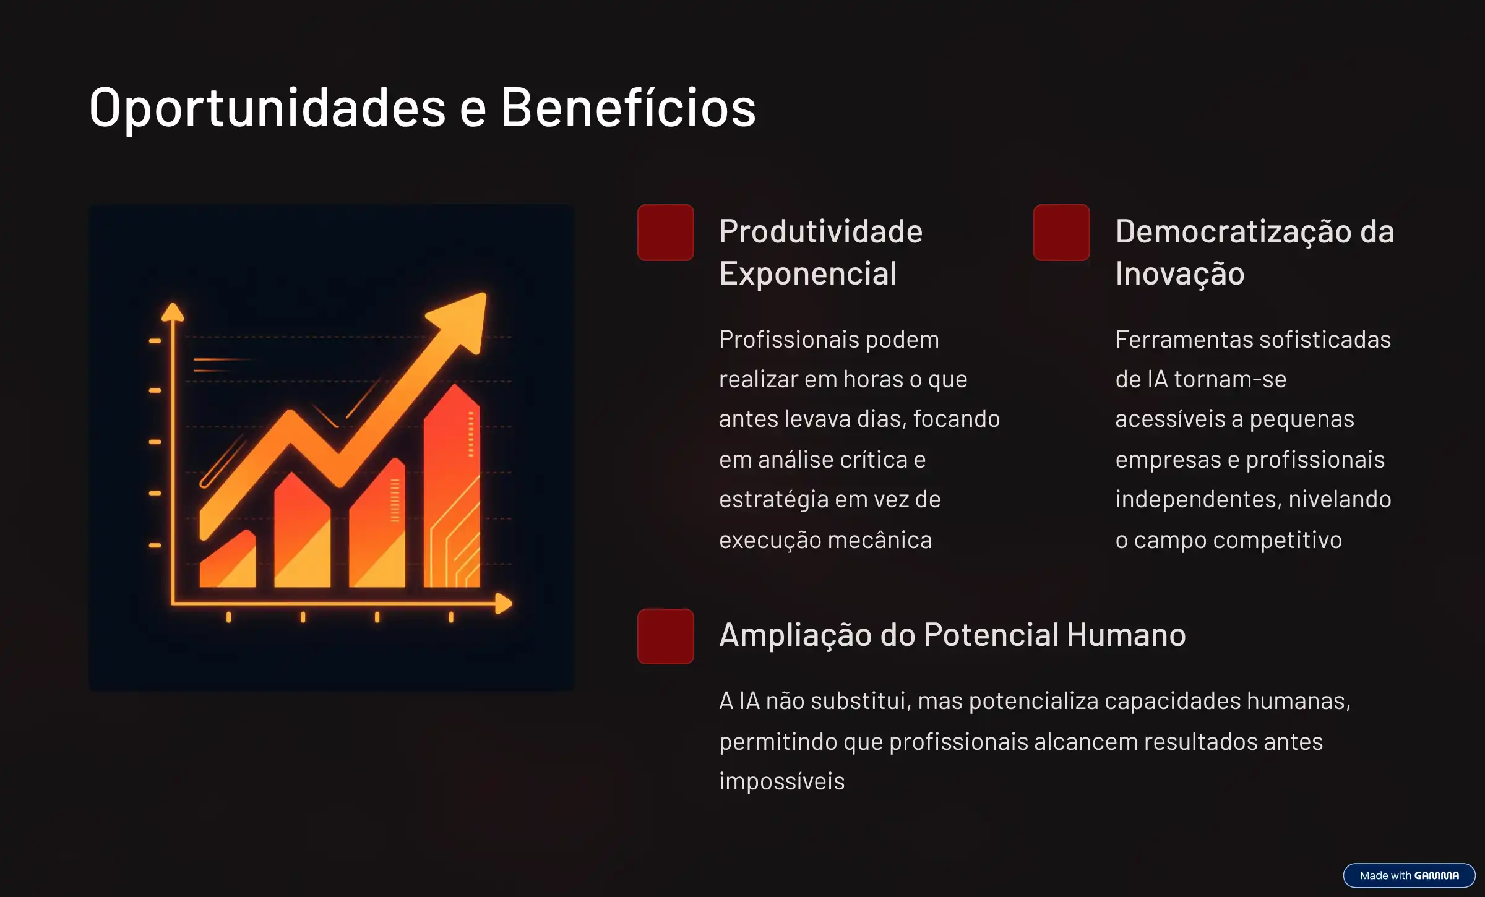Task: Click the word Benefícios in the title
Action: (x=628, y=106)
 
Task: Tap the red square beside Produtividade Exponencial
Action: (x=666, y=233)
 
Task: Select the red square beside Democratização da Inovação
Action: (x=1062, y=233)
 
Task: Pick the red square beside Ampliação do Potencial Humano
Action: (x=666, y=637)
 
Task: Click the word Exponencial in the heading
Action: (x=808, y=274)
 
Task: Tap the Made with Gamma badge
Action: (x=1409, y=875)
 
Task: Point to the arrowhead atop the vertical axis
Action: (x=173, y=312)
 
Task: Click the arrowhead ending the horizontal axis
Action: (x=504, y=603)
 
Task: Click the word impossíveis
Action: (x=781, y=782)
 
